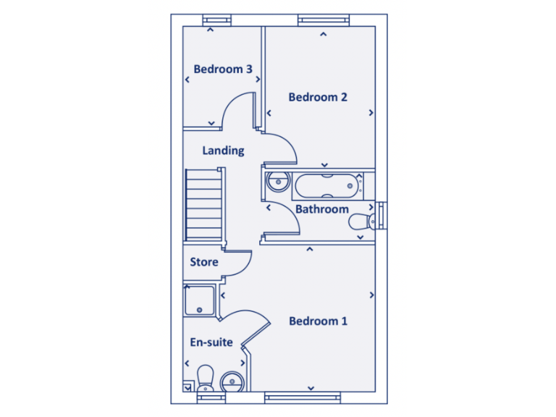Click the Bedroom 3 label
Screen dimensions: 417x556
pyautogui.click(x=223, y=69)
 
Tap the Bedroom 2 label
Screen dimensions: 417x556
pyautogui.click(x=318, y=97)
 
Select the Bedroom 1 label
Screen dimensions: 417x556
pyautogui.click(x=318, y=321)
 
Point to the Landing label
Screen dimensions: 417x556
pyautogui.click(x=223, y=151)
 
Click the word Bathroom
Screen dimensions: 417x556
pyautogui.click(x=322, y=209)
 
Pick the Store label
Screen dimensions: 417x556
pyautogui.click(x=204, y=262)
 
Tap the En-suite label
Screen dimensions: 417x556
pyautogui.click(x=211, y=342)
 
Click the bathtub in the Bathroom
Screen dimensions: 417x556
pyautogui.click(x=327, y=186)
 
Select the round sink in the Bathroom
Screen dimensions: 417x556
pyautogui.click(x=276, y=182)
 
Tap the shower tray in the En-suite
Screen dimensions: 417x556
pyautogui.click(x=199, y=300)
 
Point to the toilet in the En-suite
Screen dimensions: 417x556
pyautogui.click(x=205, y=378)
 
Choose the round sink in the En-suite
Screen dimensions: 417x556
pyautogui.click(x=232, y=381)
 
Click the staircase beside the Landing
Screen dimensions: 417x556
pyautogui.click(x=203, y=205)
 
